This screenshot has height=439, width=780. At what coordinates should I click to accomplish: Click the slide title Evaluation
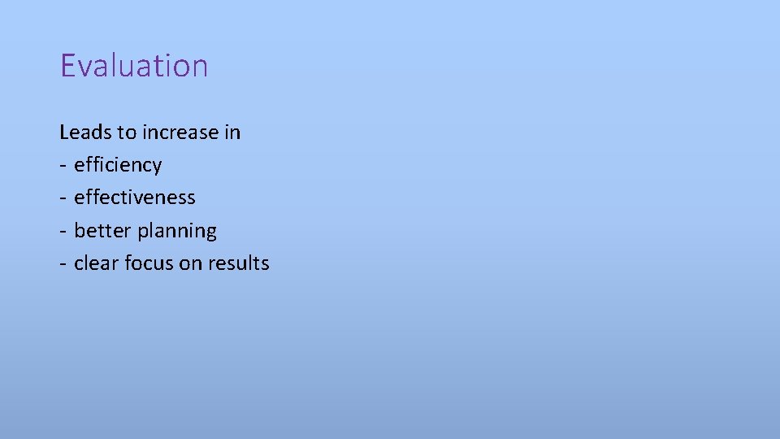[134, 66]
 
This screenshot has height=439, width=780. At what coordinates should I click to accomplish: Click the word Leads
[82, 132]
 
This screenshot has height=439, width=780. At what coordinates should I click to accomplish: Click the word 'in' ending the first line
[232, 132]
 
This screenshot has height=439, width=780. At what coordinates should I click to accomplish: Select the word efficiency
[118, 165]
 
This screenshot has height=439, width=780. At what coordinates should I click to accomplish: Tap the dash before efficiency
[63, 165]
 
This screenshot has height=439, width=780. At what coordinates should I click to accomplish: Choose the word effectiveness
[135, 198]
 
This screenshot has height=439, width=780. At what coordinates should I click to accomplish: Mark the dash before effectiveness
[63, 198]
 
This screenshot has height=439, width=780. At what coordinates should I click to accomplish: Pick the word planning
[177, 232]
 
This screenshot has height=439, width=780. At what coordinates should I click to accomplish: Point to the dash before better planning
[63, 231]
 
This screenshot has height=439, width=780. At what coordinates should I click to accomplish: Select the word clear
[97, 263]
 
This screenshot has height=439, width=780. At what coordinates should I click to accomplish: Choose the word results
[239, 263]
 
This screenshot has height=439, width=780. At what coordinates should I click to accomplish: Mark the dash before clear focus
[63, 263]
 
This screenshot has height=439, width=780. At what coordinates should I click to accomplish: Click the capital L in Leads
[64, 132]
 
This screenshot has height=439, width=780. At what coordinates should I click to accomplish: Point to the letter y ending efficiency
[157, 167]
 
